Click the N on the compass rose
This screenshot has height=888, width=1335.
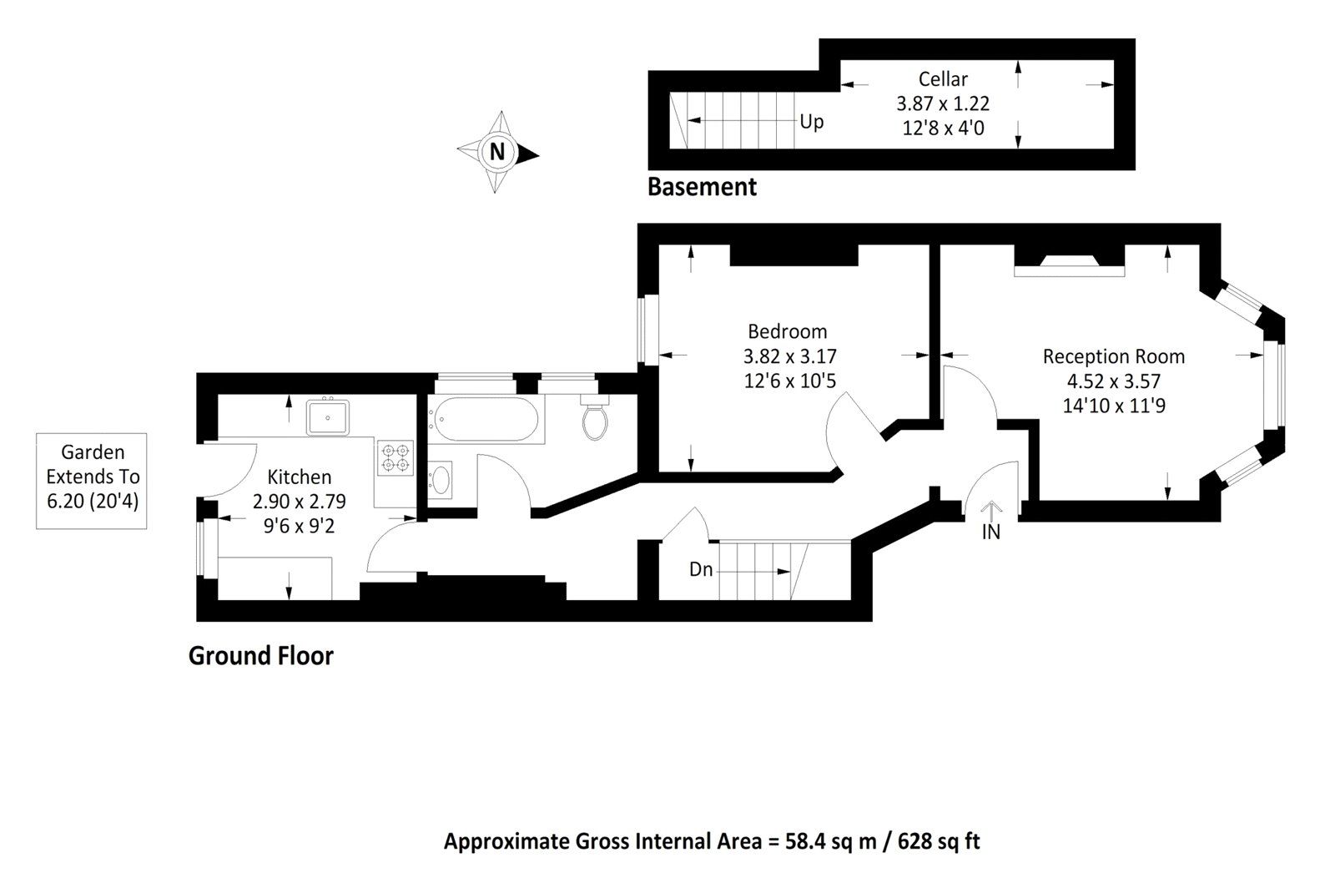click(x=497, y=153)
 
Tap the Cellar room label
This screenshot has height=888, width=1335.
click(x=943, y=79)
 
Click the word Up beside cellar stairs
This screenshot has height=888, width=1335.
click(x=811, y=122)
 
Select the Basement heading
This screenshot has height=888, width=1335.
click(x=702, y=187)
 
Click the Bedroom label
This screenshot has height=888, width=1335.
click(x=787, y=331)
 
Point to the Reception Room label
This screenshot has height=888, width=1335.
click(x=1113, y=356)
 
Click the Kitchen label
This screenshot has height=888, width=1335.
click(x=299, y=477)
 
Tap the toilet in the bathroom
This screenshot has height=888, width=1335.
click(x=595, y=420)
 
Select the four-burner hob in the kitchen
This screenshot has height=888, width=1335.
click(x=395, y=458)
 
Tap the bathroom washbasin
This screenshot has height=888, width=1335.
click(x=441, y=480)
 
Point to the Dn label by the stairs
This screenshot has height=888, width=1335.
click(x=701, y=570)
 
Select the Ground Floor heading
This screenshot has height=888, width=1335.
click(x=260, y=656)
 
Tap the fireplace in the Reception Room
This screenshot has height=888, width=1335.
click(x=1069, y=262)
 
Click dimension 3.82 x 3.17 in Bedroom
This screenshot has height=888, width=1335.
click(x=789, y=356)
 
